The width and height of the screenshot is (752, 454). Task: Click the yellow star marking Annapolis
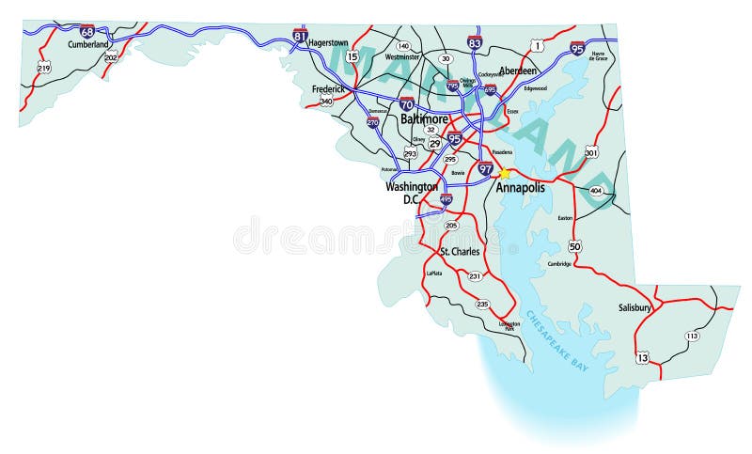pos(505,173)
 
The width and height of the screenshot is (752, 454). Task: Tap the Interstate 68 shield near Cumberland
pos(87,31)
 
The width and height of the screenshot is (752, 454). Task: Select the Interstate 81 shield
pos(301,36)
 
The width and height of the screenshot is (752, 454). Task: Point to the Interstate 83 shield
pos(475,42)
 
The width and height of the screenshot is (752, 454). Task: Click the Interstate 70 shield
pos(406,103)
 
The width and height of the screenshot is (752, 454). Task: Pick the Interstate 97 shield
pos(485,169)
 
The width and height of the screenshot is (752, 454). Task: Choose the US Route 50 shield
pos(574,246)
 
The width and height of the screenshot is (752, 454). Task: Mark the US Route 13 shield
pos(642,357)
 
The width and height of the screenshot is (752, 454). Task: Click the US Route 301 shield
pos(591,152)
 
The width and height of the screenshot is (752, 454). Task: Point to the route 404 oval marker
pos(595,191)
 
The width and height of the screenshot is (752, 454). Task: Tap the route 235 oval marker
pos(483,304)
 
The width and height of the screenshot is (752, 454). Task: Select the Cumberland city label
pos(88,43)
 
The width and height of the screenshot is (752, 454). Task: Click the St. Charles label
pos(458,252)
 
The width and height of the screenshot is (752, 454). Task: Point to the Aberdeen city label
pos(519,70)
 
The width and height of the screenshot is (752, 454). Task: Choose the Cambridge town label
pos(560,264)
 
